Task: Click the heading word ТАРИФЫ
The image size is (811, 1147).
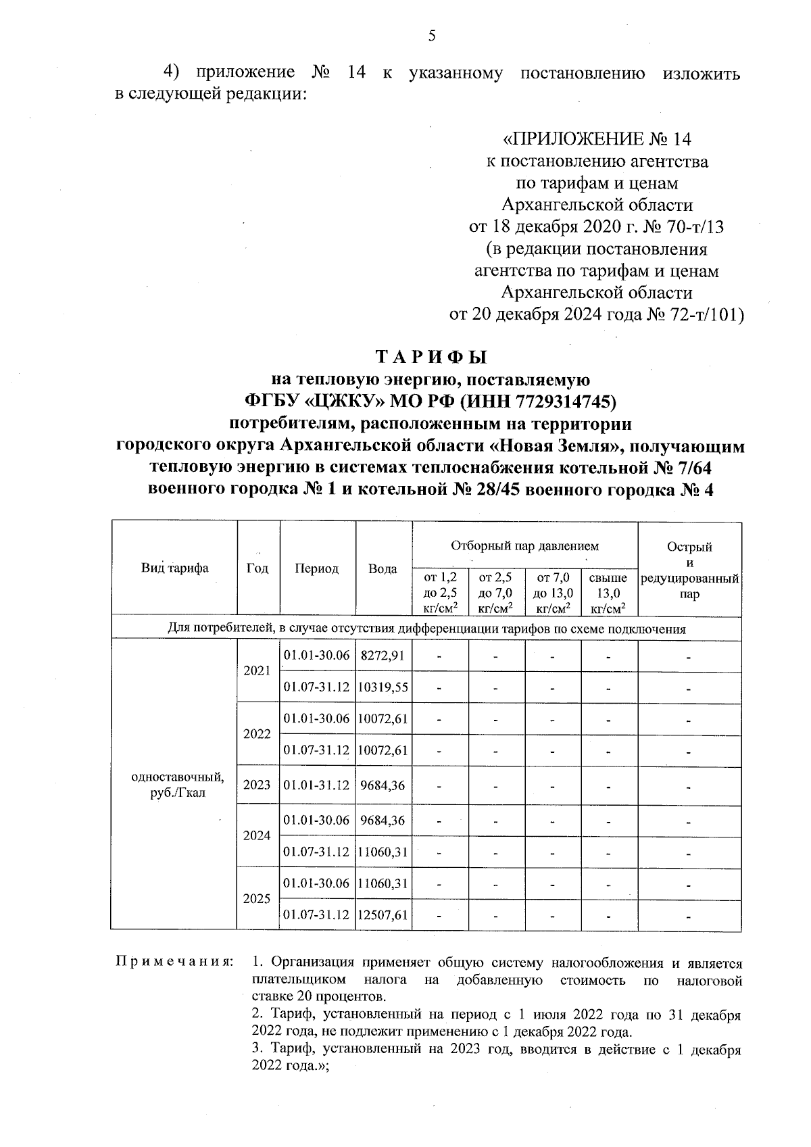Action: [x=431, y=357]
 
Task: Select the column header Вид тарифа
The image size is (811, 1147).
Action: [x=174, y=568]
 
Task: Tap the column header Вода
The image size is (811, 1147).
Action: [x=383, y=569]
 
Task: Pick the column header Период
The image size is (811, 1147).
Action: [x=316, y=569]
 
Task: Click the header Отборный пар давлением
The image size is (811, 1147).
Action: [x=524, y=545]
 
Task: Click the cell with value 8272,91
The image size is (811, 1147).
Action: [x=383, y=656]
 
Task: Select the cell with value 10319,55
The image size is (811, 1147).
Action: [x=383, y=687]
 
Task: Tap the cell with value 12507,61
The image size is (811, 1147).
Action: [x=383, y=915]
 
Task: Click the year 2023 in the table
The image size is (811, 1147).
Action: [x=257, y=785]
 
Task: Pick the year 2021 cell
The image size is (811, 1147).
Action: [x=257, y=671]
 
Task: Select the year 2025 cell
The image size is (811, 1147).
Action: [x=257, y=899]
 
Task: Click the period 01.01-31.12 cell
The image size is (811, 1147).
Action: [x=316, y=785]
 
